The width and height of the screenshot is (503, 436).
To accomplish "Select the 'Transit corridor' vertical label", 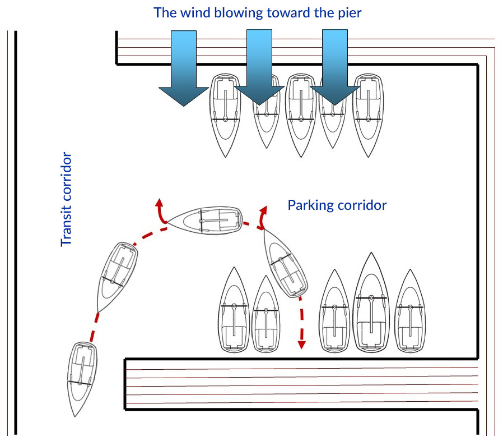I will pos(67,199).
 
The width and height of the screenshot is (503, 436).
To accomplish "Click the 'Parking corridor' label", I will pos(337,205).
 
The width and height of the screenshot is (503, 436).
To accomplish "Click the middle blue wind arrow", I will pos(259,67).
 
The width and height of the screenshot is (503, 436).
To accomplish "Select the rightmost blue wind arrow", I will pos(335,67).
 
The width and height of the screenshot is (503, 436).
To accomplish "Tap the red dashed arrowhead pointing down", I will pos(302,343).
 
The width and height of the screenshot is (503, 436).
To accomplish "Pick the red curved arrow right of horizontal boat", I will pos(262,217).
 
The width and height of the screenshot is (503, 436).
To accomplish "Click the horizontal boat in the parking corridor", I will pos(205,219).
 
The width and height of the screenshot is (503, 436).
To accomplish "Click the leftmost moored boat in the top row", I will pos(225,115).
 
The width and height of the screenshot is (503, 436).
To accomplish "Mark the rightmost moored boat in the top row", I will pos(367,115).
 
